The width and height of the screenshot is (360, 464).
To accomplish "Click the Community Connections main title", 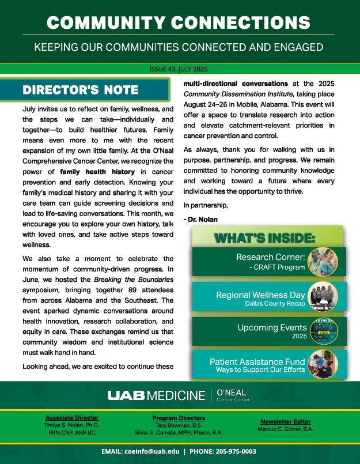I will [x=180, y=22].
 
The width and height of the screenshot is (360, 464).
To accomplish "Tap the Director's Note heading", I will [x=80, y=90].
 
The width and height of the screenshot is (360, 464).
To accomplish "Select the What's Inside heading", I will [x=264, y=237].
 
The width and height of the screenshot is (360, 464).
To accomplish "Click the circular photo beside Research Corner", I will [x=322, y=262].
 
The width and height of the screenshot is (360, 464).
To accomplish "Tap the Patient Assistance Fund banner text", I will [x=257, y=365].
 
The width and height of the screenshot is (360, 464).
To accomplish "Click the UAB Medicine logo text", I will [x=156, y=395].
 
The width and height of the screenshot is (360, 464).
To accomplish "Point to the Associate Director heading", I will [x=72, y=418].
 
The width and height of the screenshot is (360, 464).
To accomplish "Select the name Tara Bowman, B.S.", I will [x=179, y=425].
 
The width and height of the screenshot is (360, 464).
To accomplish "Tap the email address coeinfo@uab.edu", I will [x=153, y=452].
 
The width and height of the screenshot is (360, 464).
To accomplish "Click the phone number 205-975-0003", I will [x=233, y=452].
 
